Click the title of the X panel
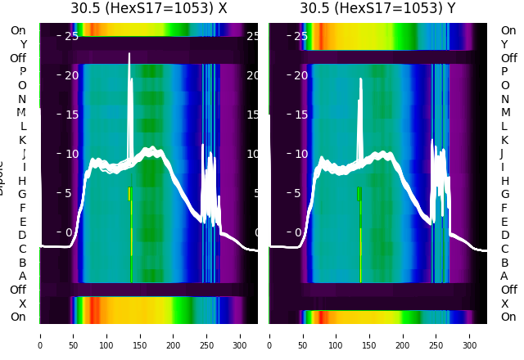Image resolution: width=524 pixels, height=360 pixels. [x=148, y=8]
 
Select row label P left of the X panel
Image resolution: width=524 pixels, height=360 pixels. [x=22, y=71]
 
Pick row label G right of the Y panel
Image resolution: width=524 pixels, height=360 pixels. [x=504, y=194]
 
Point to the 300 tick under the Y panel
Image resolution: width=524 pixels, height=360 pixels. [x=470, y=335]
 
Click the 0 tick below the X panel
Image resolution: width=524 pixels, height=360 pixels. [x=40, y=335]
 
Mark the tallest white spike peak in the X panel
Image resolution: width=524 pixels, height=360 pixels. [x=129, y=54]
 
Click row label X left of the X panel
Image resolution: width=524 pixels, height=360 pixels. [x=22, y=304]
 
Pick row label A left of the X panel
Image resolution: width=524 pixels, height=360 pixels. [x=22, y=276]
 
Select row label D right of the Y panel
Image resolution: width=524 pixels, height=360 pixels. [x=504, y=235]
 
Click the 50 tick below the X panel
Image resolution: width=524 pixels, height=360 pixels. [x=74, y=335]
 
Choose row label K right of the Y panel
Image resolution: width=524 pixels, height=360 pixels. [x=504, y=140]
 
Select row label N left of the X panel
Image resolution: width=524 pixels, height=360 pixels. [x=22, y=99]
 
